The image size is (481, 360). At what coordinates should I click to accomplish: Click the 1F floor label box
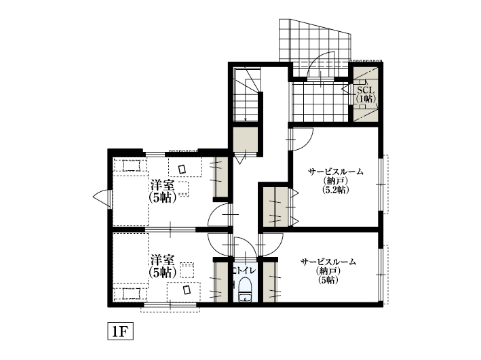point(120,331)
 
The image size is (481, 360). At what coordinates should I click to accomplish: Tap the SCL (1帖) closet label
point(366,94)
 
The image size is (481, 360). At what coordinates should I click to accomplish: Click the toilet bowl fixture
point(245,289)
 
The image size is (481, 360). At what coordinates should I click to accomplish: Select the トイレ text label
point(245,271)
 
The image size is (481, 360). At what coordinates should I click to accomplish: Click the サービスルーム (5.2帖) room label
point(336,180)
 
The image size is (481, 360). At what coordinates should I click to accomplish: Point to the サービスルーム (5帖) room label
point(328,271)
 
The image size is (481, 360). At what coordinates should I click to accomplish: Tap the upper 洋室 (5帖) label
point(163,191)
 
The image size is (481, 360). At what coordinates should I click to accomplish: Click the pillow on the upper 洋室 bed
point(131,165)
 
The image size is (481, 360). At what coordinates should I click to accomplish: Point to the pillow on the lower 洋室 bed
point(131,294)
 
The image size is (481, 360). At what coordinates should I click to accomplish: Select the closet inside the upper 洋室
point(221,177)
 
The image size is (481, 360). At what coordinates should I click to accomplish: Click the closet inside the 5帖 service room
point(270,281)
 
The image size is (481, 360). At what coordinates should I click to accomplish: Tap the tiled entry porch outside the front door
point(315,40)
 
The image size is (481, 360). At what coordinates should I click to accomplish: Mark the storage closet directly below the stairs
point(245,139)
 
